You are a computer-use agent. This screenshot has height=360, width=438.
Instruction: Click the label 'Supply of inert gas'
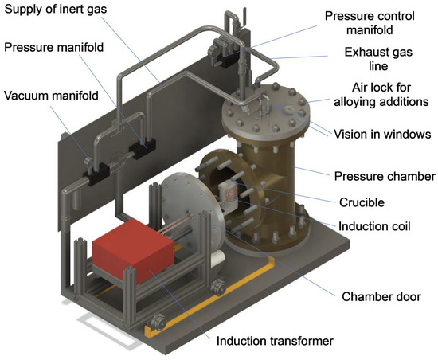(x=56, y=9)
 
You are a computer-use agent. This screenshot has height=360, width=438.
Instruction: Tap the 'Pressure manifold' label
(x=54, y=47)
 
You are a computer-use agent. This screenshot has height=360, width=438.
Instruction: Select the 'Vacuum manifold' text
(x=51, y=96)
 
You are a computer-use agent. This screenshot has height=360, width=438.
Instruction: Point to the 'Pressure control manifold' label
(x=370, y=22)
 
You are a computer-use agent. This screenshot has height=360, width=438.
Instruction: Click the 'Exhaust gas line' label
(x=378, y=59)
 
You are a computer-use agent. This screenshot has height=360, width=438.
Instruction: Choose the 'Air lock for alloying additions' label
(x=381, y=95)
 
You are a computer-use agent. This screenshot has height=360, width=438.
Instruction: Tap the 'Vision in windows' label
(x=382, y=135)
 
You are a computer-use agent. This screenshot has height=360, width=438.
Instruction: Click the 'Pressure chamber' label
(x=385, y=176)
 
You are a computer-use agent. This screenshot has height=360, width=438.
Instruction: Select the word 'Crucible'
(x=362, y=202)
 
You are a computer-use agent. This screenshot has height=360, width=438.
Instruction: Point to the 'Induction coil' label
(x=374, y=226)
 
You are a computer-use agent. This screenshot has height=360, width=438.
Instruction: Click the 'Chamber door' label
(x=381, y=296)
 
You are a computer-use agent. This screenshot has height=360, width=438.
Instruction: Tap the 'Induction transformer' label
(x=275, y=341)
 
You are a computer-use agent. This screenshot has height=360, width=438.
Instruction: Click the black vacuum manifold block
(x=96, y=174)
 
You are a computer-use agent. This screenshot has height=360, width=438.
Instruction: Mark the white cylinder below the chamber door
(x=218, y=258)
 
